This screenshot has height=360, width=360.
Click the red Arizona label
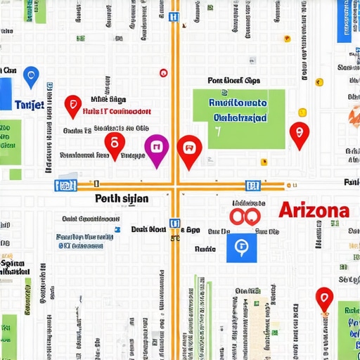tap(314, 210)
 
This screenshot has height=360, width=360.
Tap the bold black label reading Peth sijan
tap(121, 199)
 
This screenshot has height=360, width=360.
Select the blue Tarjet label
tap(30, 105)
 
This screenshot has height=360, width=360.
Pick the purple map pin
tap(156, 148)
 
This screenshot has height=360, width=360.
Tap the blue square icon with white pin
tap(241, 246)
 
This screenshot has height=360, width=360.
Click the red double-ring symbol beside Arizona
tap(246, 214)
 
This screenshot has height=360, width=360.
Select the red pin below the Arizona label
tap(323, 298)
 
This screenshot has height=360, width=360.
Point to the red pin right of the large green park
tap(300, 133)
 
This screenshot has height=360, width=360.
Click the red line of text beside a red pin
tap(116, 111)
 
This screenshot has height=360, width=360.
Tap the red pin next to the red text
tap(72, 105)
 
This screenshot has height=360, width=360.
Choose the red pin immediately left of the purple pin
tap(115, 145)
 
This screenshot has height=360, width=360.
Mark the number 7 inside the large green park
tap(218, 131)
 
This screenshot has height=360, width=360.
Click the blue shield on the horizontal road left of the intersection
tap(65, 186)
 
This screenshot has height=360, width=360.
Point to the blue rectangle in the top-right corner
tap(348, 21)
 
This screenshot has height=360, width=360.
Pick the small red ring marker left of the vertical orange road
tap(164, 72)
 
